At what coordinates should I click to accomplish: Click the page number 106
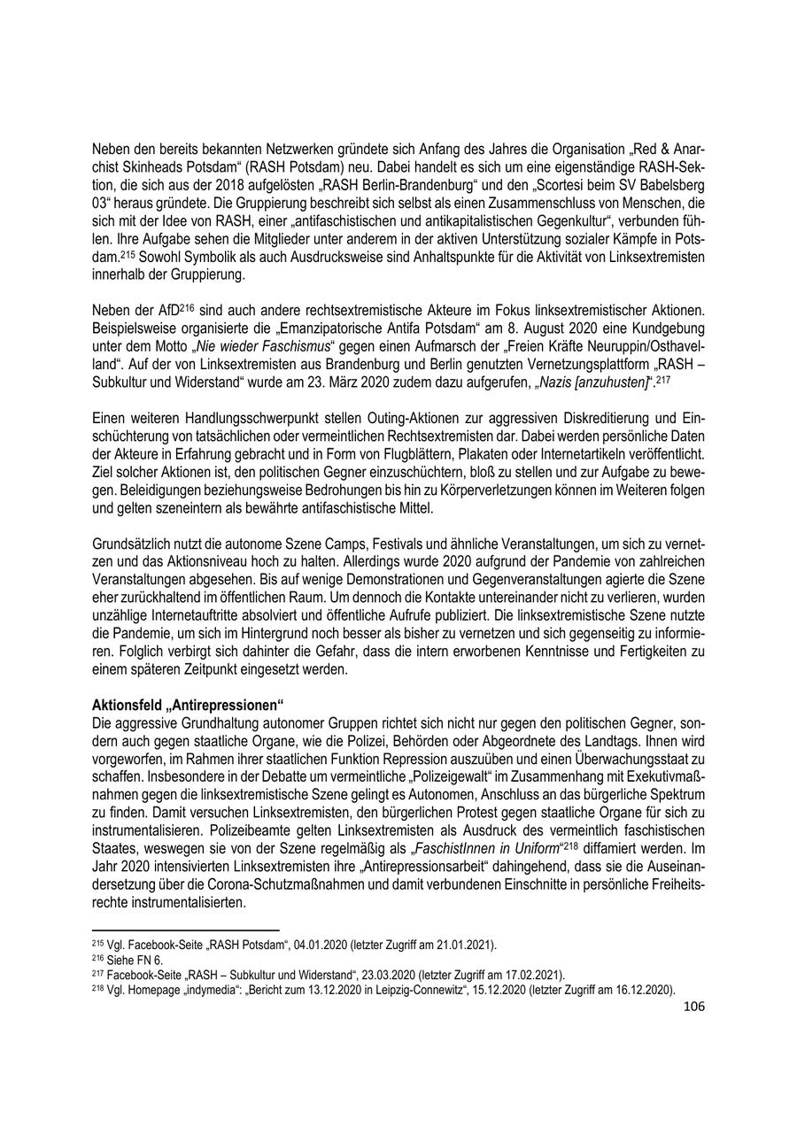pos(694,1006)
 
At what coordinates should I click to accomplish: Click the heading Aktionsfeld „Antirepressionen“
pos(187,705)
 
